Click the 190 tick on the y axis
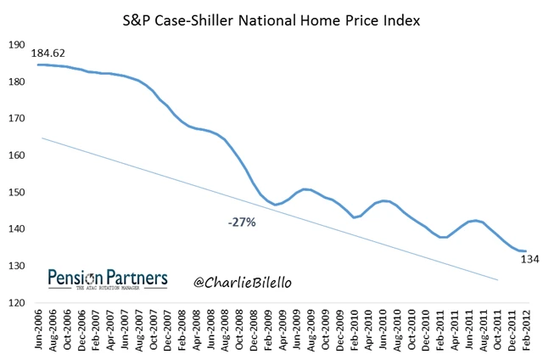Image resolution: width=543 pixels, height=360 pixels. click(x=14, y=45)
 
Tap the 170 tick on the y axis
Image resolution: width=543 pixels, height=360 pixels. click(x=14, y=119)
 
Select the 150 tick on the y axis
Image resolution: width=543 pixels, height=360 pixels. click(x=14, y=193)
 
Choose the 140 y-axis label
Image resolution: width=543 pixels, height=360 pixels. click(x=14, y=229)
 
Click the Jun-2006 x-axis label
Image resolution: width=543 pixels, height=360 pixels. click(x=38, y=330)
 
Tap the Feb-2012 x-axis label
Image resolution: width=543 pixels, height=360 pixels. click(x=526, y=330)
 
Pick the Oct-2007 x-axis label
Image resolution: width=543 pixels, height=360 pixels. click(x=153, y=330)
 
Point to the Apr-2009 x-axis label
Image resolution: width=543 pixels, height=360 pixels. click(x=283, y=330)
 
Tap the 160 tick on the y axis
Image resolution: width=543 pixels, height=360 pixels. click(x=14, y=155)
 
